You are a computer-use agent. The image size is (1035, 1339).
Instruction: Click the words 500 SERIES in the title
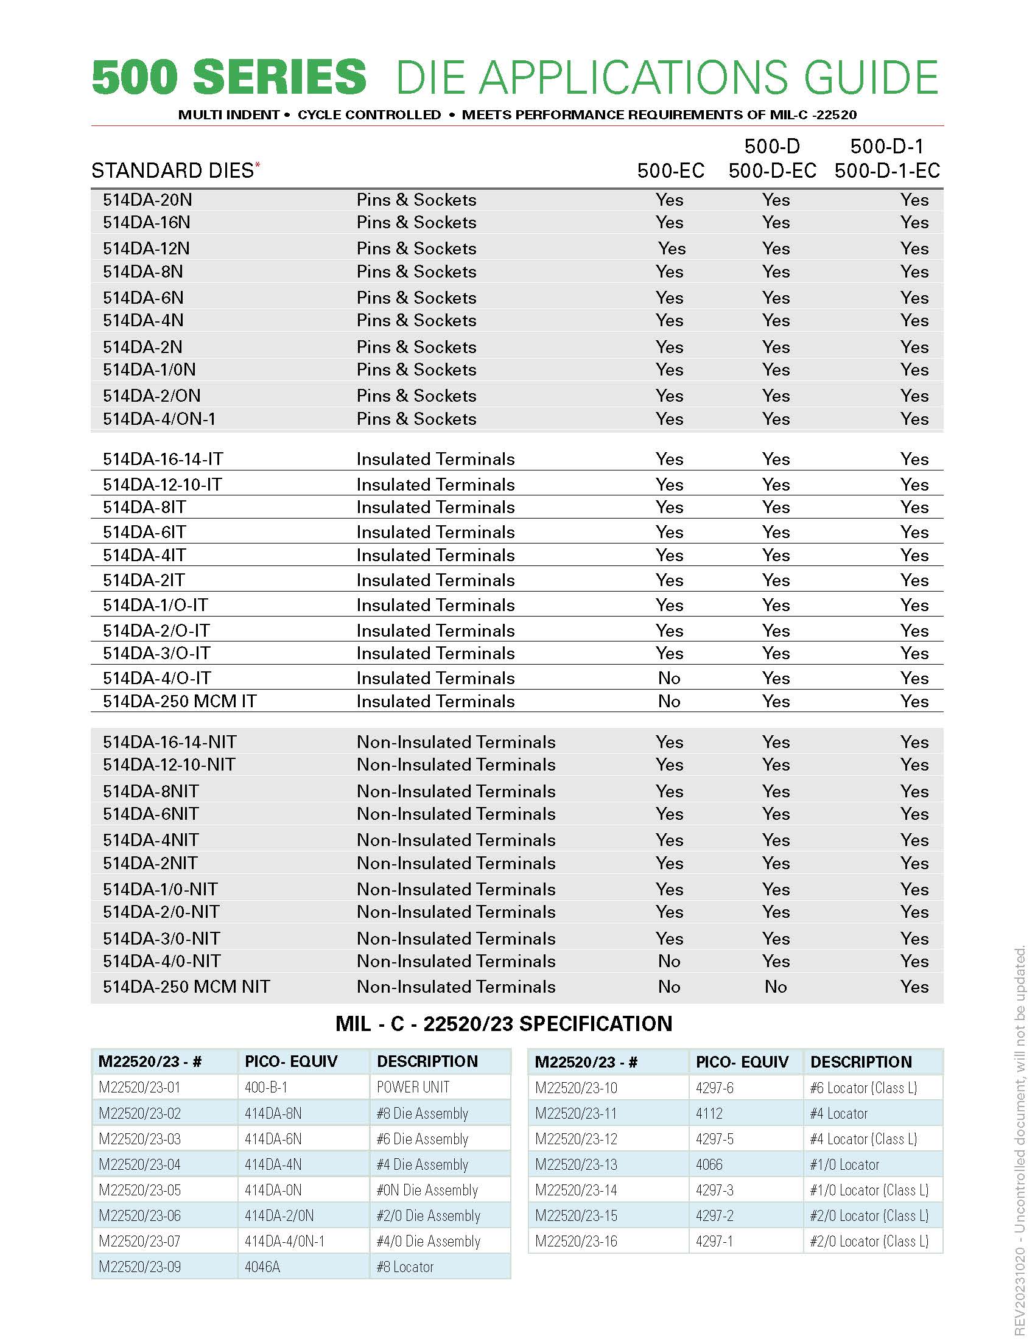coord(229,77)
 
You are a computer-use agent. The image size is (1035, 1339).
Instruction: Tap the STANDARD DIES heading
coord(172,170)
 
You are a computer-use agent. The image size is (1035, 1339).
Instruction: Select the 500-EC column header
coord(670,170)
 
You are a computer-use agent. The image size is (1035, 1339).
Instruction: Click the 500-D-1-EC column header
coord(886,170)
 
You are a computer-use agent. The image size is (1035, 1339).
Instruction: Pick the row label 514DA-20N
coord(147,200)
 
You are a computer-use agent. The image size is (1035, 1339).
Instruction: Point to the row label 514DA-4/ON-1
coord(159,419)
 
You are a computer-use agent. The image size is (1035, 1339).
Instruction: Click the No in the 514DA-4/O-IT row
coord(669,678)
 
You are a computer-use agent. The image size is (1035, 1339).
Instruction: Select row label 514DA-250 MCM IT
coord(179,701)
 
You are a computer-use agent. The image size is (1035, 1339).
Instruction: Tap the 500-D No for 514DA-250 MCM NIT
coord(776,987)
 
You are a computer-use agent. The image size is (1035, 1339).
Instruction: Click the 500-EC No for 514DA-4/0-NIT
coord(669,960)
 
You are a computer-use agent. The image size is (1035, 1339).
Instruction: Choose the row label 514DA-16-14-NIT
coord(169,742)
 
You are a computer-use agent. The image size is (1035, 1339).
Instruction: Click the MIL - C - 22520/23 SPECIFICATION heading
coord(503,1024)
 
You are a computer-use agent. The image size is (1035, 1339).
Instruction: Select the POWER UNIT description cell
coord(413,1087)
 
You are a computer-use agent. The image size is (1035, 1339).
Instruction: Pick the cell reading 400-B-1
coord(266,1087)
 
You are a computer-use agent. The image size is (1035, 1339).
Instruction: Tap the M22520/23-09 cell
coord(140,1267)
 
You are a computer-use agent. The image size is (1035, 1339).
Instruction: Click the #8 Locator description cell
coord(405,1267)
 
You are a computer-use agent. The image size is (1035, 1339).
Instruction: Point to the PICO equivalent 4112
coord(709,1113)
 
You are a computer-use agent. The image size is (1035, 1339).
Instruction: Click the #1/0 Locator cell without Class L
coord(844,1164)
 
